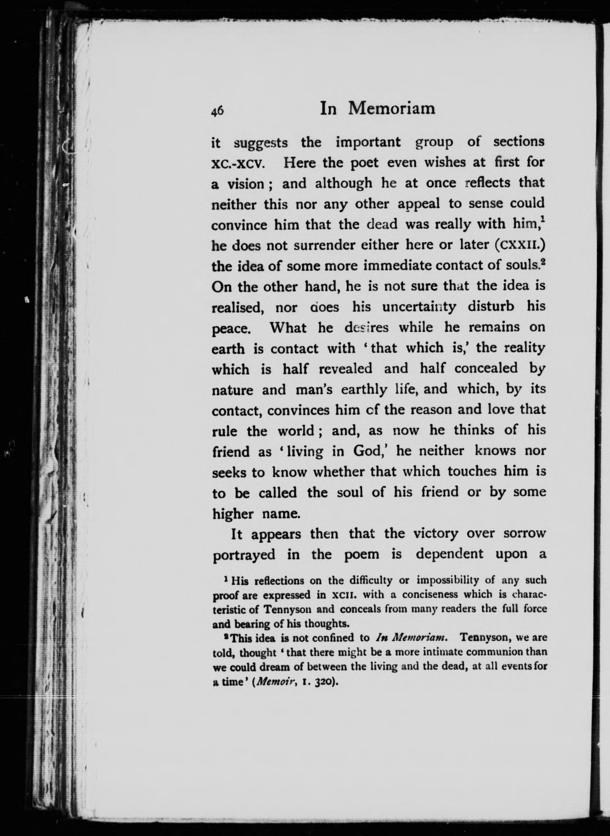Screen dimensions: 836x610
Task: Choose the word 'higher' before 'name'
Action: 233,513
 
